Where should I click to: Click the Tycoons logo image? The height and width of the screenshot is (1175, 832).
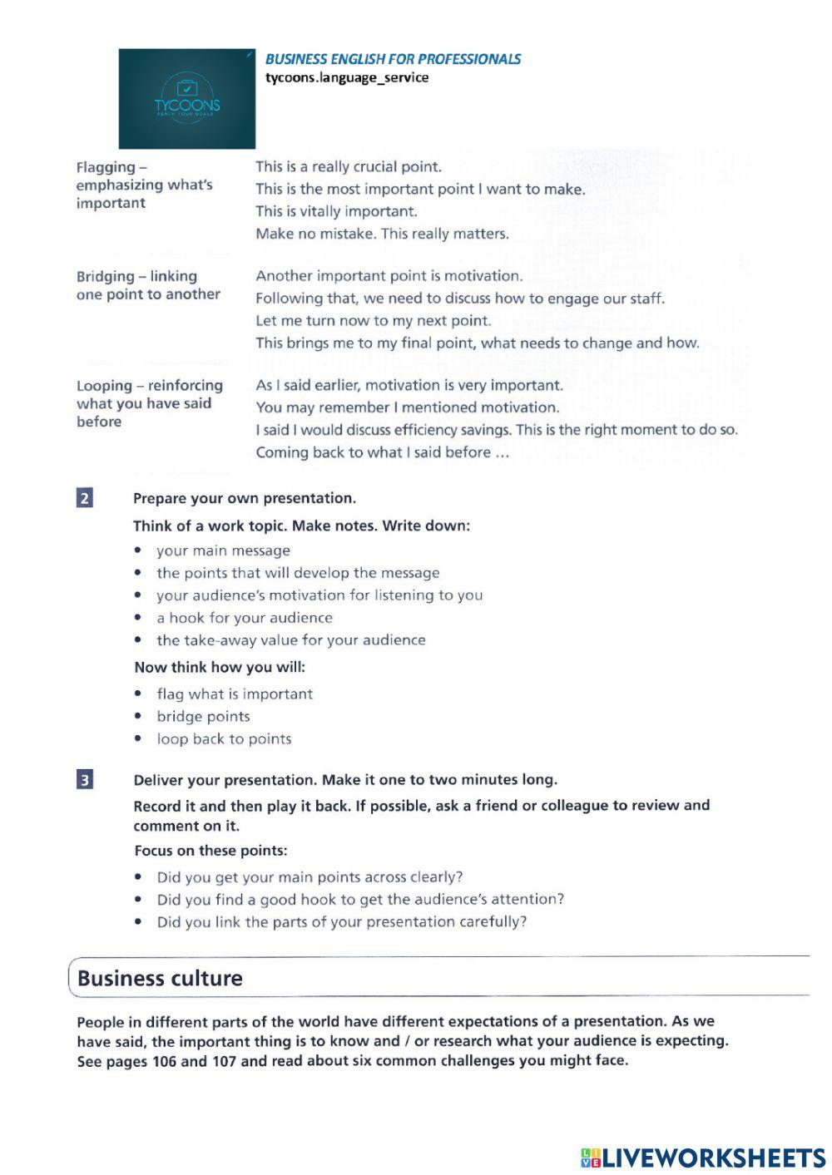[186, 98]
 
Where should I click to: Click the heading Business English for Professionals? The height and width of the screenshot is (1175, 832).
[393, 59]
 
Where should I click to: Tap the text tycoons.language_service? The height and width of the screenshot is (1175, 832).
[347, 78]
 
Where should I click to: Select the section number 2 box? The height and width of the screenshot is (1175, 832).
[85, 498]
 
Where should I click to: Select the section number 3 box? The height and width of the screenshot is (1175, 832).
[85, 780]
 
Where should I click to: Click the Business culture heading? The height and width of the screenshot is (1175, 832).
[160, 978]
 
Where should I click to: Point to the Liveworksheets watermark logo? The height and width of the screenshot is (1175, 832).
[703, 1158]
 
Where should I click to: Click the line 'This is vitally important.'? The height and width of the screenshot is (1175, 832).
[336, 211]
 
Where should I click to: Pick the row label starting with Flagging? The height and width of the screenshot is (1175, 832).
[144, 185]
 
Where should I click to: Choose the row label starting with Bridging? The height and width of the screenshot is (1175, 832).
[148, 285]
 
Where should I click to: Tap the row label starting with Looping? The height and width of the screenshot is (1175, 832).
[149, 403]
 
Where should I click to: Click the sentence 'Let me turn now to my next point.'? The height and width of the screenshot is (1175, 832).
[373, 321]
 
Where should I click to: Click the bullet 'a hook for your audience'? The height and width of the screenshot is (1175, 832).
[244, 618]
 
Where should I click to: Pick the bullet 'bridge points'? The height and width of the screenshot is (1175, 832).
[203, 717]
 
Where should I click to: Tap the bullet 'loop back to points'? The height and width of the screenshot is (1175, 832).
[224, 739]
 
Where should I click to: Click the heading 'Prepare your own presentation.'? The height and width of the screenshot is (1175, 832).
[244, 498]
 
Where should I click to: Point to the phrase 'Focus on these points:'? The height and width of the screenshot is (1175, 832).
[210, 851]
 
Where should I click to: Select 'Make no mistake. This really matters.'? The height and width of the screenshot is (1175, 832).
[382, 234]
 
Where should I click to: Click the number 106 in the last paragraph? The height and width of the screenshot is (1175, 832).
[165, 1061]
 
